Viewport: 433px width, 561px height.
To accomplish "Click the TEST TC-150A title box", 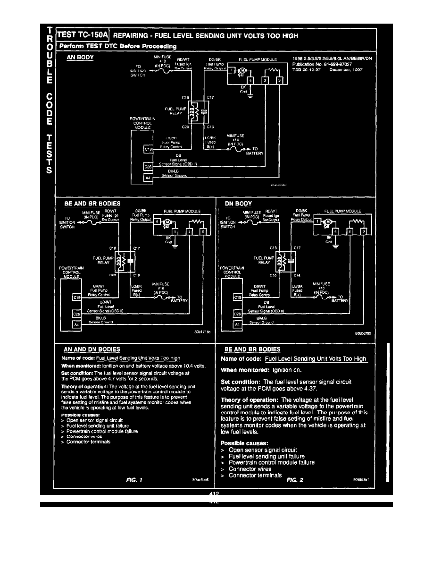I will point(83,35).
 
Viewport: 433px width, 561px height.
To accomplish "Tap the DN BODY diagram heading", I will point(238,204).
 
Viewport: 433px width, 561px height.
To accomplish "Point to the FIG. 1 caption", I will point(135,480).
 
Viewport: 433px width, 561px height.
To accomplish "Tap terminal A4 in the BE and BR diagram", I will point(76,324).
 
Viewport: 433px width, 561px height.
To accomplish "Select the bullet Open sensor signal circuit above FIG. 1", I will point(95,420).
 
